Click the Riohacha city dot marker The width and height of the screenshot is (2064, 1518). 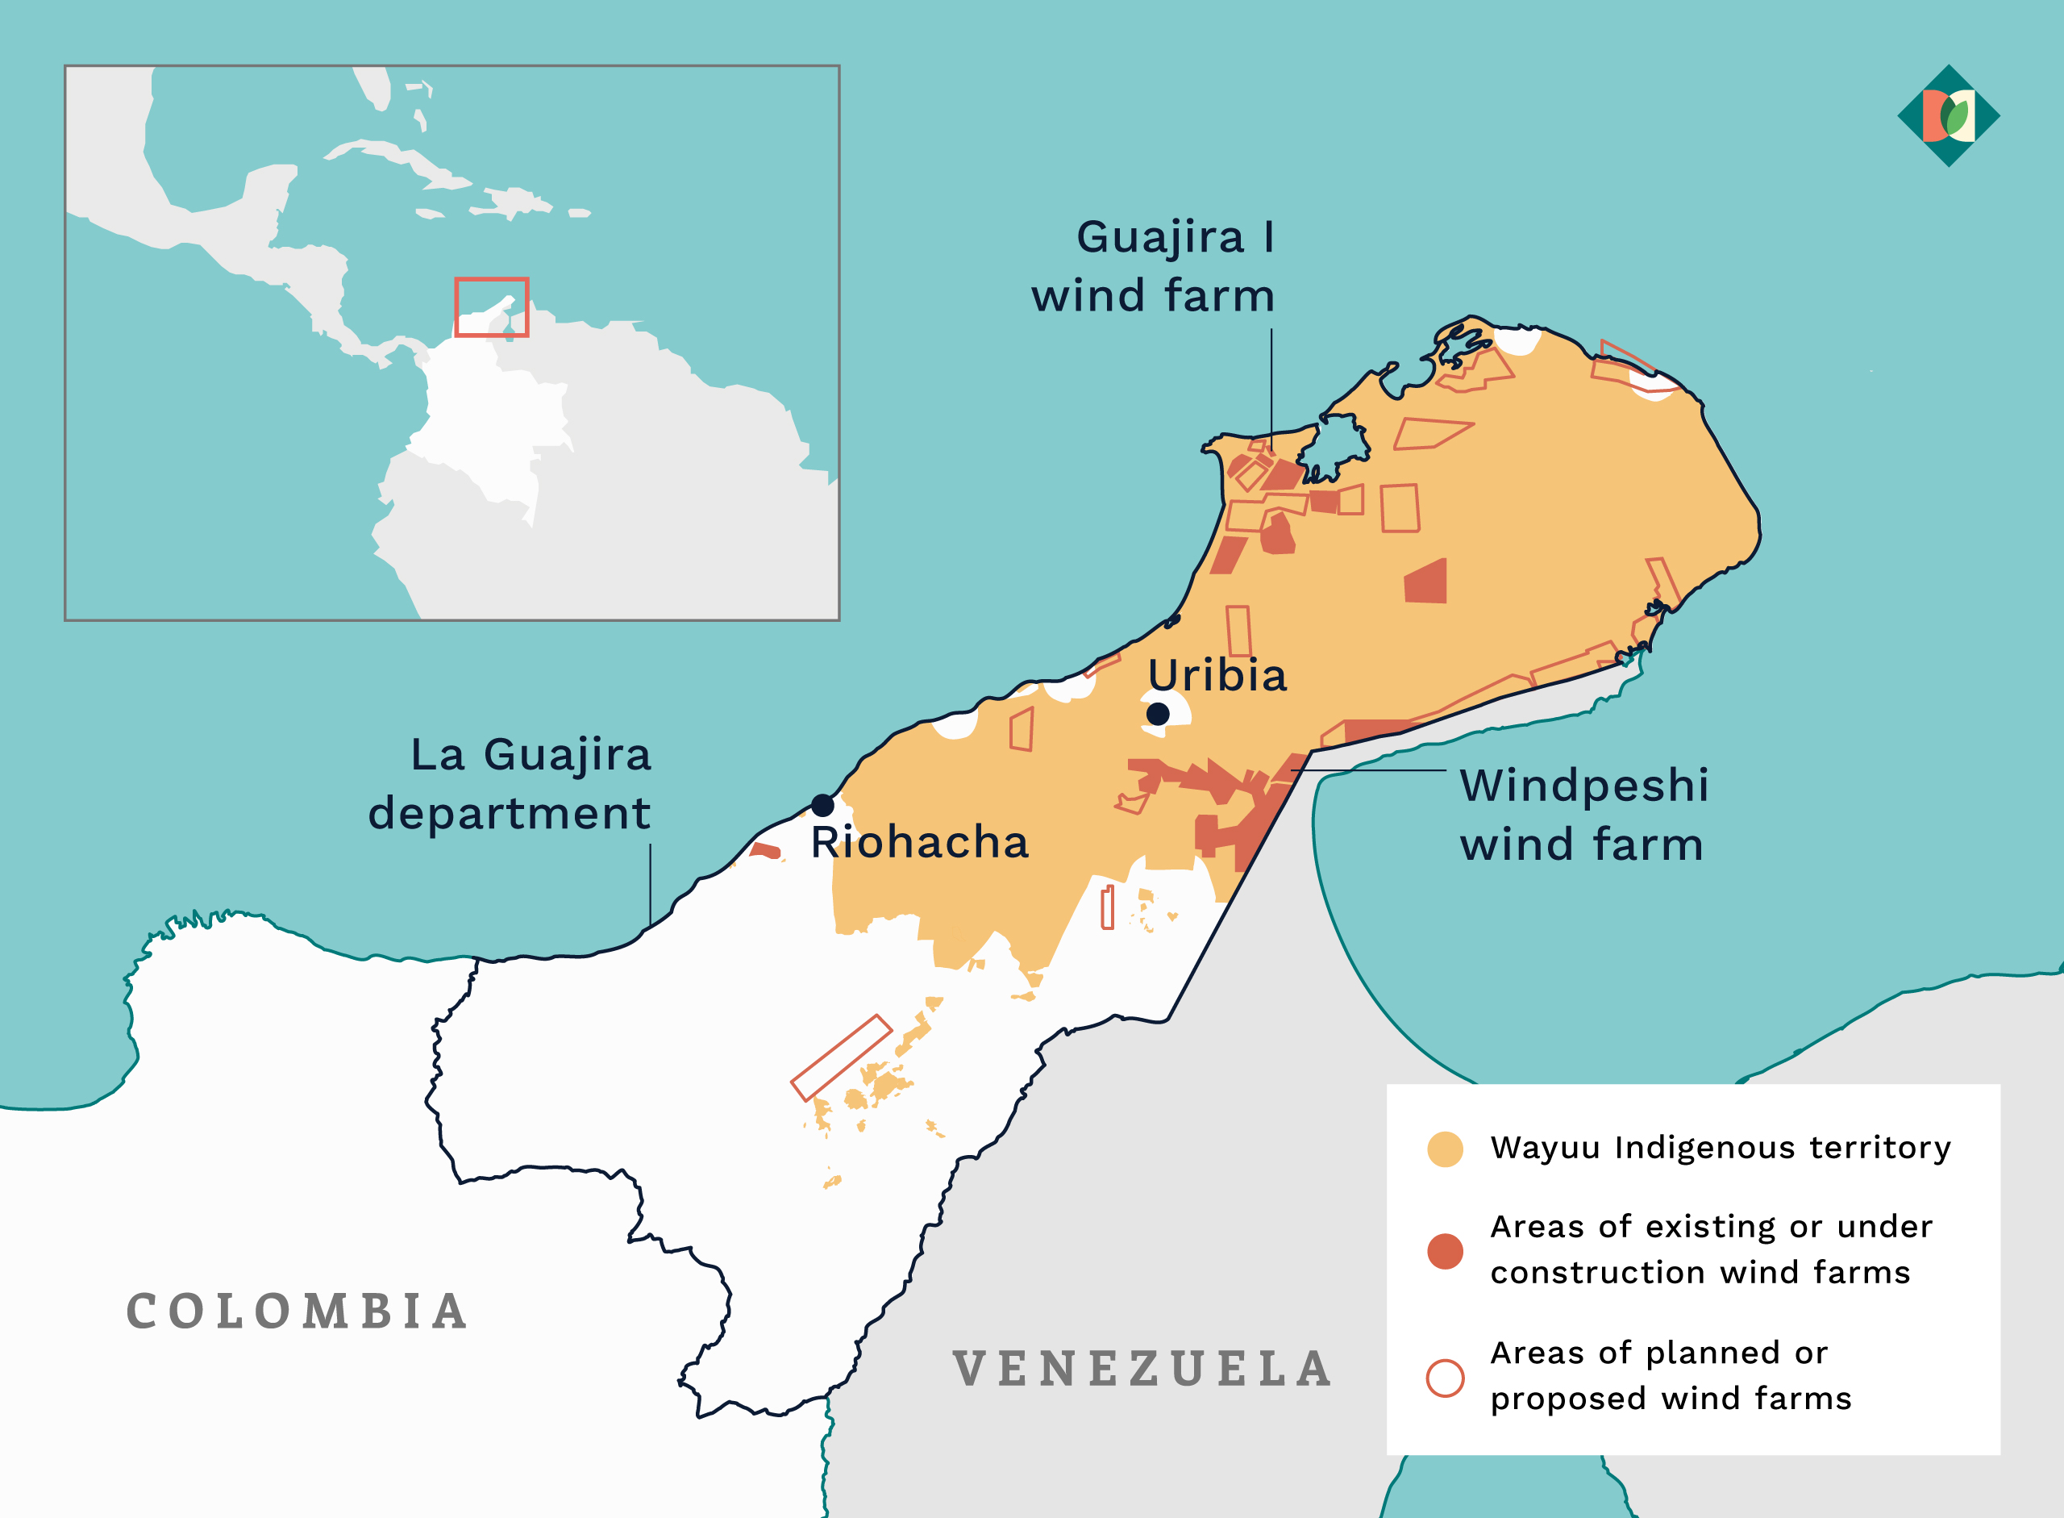(x=822, y=805)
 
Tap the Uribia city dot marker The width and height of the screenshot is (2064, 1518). (x=1158, y=713)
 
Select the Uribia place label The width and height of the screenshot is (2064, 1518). (x=1217, y=675)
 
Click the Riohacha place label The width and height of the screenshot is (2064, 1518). (x=919, y=842)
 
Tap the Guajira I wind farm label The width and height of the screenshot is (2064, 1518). (x=1154, y=266)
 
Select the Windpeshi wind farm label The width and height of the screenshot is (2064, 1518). (x=1583, y=814)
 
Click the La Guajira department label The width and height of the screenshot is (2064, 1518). (x=510, y=783)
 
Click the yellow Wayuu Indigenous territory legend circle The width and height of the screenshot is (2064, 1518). (x=1445, y=1149)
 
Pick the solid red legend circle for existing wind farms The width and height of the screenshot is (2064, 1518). (x=1445, y=1250)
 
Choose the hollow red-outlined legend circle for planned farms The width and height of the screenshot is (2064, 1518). (x=1445, y=1378)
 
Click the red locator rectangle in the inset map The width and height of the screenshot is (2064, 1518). (x=492, y=307)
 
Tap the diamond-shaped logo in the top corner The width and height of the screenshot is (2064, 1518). (x=1948, y=116)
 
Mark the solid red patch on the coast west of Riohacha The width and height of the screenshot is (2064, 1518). (x=765, y=850)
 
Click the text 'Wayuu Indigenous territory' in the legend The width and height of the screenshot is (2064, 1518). (x=1720, y=1148)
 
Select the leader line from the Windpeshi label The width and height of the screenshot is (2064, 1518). (x=1369, y=770)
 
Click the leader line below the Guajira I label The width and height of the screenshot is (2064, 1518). (x=1271, y=386)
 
